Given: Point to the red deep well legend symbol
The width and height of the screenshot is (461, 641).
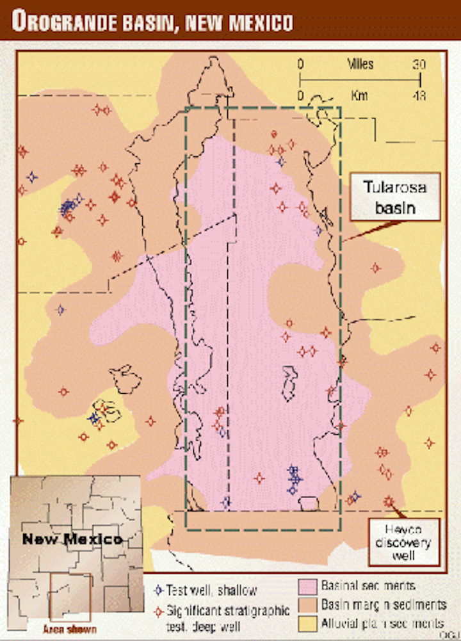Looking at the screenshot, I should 159,610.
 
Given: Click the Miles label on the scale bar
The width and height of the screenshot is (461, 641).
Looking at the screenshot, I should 360,65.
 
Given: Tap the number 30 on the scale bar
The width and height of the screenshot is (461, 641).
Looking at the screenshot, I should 419,65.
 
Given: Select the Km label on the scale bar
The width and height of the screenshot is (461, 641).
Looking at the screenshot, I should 359,95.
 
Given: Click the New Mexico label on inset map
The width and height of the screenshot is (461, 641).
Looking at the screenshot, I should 72,539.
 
